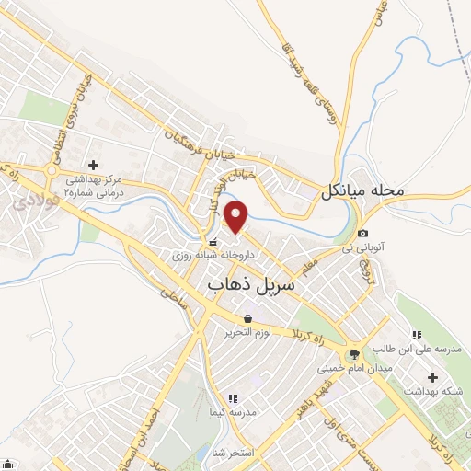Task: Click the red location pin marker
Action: coord(237,215)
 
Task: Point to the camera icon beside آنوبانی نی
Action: coord(364,234)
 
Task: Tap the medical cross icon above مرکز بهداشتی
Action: coord(91,164)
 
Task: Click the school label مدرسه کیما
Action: coord(232,413)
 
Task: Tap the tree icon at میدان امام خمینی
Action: coord(354,353)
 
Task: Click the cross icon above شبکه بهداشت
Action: coord(432,377)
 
